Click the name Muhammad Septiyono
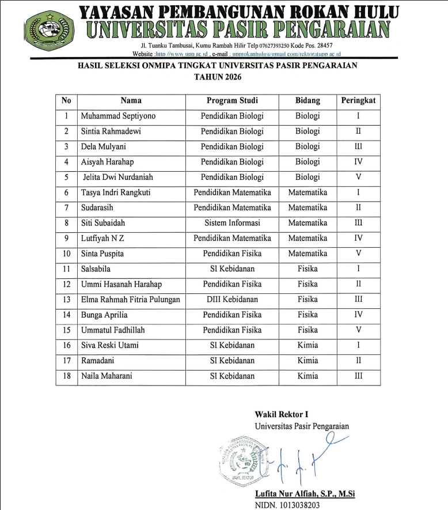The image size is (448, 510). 118,116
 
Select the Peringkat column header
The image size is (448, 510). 358,100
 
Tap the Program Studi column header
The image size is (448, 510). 232,100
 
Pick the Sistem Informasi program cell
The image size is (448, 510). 232,223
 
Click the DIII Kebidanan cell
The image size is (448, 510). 232,299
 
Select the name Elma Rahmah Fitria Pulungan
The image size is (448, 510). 131,299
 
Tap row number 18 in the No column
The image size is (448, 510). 66,376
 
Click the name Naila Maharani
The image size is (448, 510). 107,376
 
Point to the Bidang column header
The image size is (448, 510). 307,100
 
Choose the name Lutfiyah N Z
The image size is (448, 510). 102,238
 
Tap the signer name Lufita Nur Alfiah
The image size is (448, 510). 305,494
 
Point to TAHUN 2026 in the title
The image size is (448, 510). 217,77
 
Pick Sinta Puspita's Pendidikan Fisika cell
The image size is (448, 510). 232,254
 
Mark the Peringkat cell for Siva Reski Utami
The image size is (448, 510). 358,345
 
